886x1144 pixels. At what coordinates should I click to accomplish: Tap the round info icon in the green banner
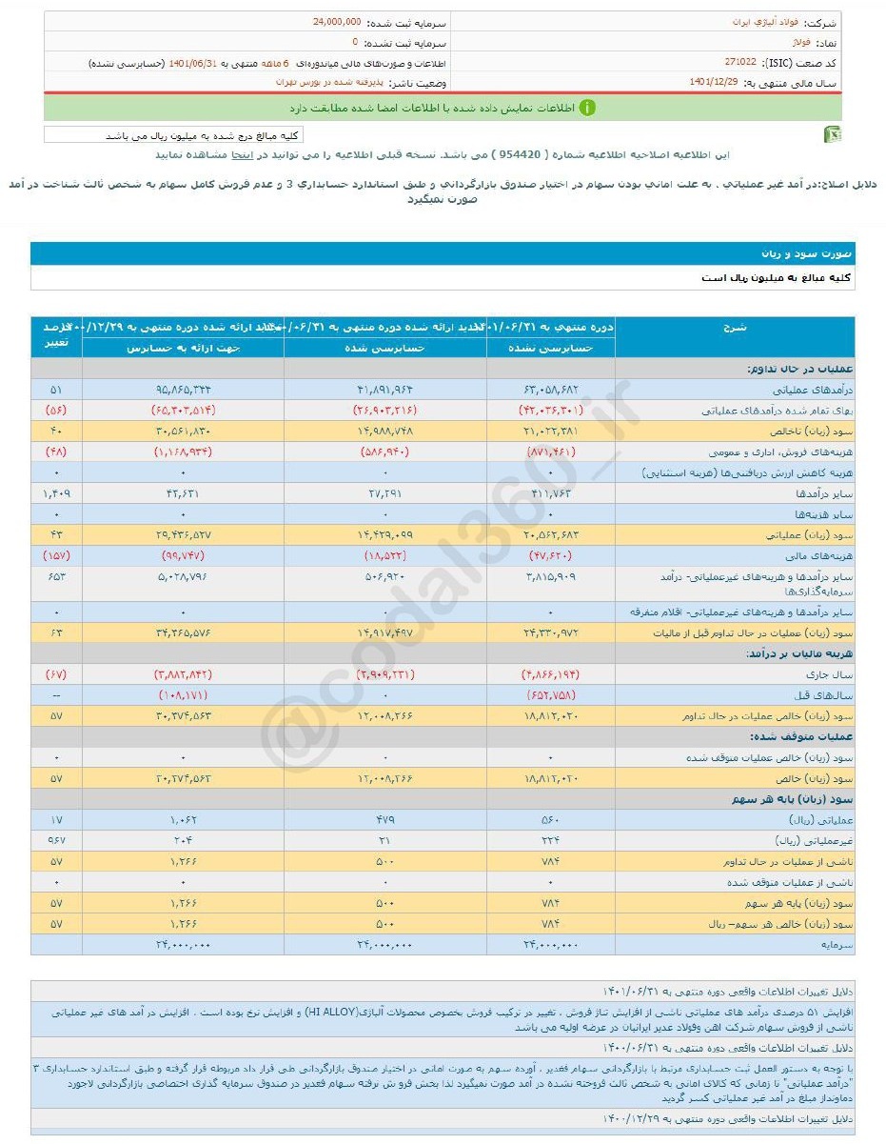coord(587,108)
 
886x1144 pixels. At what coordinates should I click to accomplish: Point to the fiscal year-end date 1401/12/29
coord(715,83)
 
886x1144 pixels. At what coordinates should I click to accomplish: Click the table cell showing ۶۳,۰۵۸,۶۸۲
coord(551,390)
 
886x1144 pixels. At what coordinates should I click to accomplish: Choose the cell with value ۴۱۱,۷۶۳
coord(551,495)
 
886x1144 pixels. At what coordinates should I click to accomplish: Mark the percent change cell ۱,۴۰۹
coord(56,495)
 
